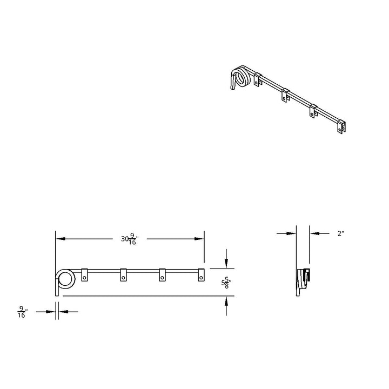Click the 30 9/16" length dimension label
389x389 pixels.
[x=130, y=239]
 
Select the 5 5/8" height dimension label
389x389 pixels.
[x=226, y=283]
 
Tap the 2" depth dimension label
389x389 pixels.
[x=341, y=233]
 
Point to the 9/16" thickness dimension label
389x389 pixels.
[x=22, y=312]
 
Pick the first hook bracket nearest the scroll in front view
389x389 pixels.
[x=85, y=275]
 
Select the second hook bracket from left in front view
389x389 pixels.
[x=123, y=275]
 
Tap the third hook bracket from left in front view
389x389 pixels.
[x=162, y=275]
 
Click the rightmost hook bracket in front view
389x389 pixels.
[x=201, y=275]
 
